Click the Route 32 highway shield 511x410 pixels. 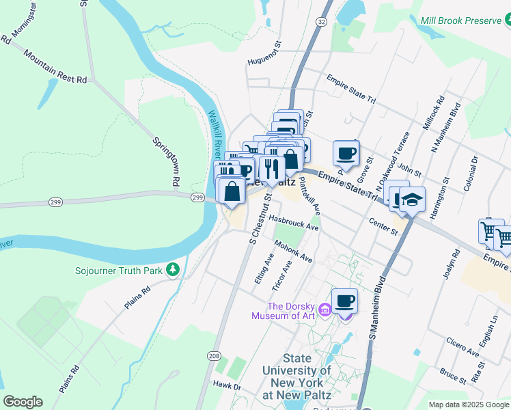coord(320,22)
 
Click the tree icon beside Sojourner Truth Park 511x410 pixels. coord(174,271)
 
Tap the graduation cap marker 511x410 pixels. coord(412,199)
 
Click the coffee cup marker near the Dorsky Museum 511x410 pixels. coord(345,301)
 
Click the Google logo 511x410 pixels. coord(23,401)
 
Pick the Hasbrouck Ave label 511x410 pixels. coord(294,222)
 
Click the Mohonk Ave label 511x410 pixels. coord(293,251)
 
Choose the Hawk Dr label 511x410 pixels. coord(227,386)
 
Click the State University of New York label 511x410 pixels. coord(297,377)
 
